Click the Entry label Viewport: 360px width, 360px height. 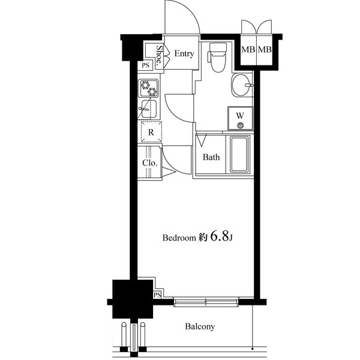click(x=184, y=54)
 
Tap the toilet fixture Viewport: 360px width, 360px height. click(x=217, y=58)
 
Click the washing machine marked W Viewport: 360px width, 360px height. click(x=240, y=118)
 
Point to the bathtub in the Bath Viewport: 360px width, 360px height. click(x=239, y=154)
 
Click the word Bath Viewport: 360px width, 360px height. click(x=211, y=157)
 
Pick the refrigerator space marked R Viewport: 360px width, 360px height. click(x=151, y=132)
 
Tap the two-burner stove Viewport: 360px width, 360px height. click(x=148, y=88)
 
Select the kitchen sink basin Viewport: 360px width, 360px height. click(x=148, y=109)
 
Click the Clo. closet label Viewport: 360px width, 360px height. click(x=150, y=163)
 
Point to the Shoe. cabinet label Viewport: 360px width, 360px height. click(x=159, y=55)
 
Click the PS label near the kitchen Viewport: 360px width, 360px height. click(x=145, y=65)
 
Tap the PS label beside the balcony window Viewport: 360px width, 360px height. click(x=157, y=295)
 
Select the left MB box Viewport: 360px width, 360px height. click(x=248, y=49)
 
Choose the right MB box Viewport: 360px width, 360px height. click(x=265, y=49)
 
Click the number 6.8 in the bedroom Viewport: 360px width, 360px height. click(x=219, y=236)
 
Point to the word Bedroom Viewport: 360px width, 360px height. click(x=179, y=238)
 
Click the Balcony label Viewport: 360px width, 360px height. click(x=200, y=327)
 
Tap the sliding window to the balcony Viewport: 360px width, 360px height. click(x=206, y=302)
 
